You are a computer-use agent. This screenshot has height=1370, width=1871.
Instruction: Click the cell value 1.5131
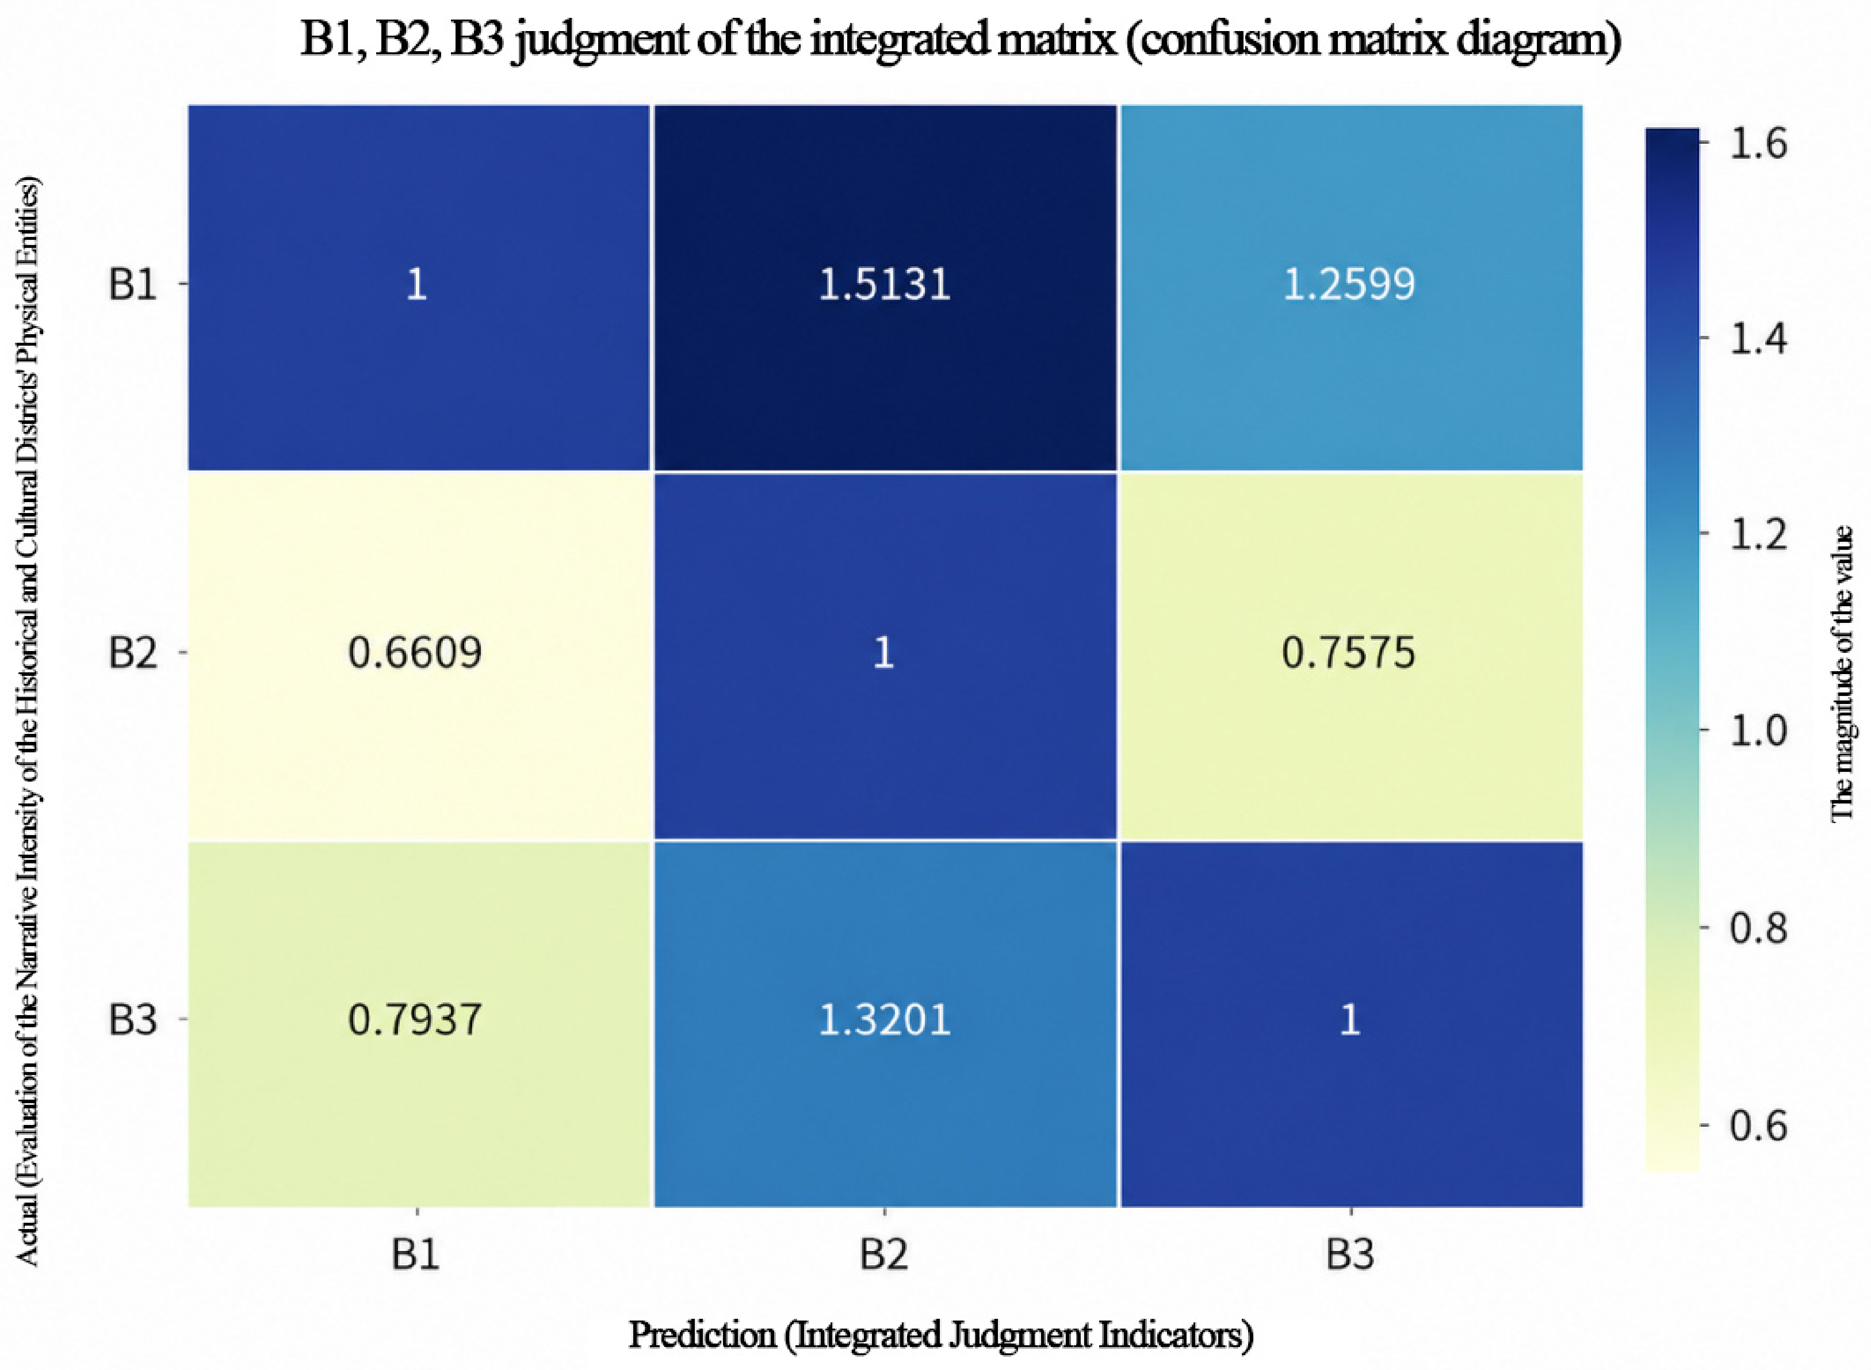(x=884, y=285)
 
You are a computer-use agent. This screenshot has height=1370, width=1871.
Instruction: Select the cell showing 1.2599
(x=1349, y=285)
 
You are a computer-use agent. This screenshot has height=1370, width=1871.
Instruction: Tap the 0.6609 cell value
(x=415, y=653)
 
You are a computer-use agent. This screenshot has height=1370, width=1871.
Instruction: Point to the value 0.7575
(x=1349, y=653)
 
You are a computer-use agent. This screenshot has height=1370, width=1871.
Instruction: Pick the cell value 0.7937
(x=415, y=1020)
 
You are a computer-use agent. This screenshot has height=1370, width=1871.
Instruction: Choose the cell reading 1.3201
(x=884, y=1020)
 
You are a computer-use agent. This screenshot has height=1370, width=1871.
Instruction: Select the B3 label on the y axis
(x=133, y=1020)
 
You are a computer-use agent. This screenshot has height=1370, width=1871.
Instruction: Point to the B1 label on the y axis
(x=133, y=285)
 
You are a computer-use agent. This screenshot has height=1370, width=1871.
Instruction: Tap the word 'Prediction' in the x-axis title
(x=702, y=1335)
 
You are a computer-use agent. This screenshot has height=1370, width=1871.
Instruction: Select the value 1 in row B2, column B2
(x=884, y=653)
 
